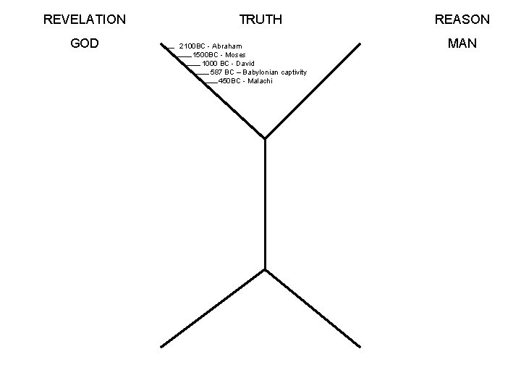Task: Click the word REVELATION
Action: [x=85, y=20]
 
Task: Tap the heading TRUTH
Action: [x=260, y=20]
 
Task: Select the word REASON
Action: [x=462, y=20]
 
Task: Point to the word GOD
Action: [x=85, y=43]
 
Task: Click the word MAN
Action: [x=462, y=43]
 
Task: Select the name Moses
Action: [x=236, y=55]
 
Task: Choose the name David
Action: [x=245, y=64]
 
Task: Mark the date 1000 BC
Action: [x=217, y=64]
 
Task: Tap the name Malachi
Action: [x=258, y=81]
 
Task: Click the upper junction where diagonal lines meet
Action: [x=266, y=138]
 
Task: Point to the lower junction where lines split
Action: [x=266, y=270]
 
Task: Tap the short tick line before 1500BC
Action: [x=184, y=56]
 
